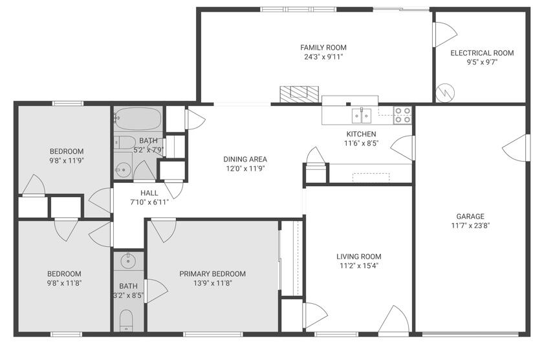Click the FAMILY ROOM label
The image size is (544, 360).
pos(323,47)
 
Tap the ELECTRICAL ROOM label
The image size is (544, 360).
pos(482,53)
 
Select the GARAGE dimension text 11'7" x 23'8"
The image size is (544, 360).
pos(470,226)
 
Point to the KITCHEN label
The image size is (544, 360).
pos(361,134)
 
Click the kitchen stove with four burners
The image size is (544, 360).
pos(403,115)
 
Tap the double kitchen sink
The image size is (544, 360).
pos(361,116)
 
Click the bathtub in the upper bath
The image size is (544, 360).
pos(138,119)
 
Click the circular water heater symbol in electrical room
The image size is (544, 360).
pos(444,93)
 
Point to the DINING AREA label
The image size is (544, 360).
pos(245,159)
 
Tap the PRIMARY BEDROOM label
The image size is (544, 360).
pos(212,273)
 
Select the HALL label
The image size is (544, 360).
pos(149,193)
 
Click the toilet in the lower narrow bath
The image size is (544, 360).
pos(127,320)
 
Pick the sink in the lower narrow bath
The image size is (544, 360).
pos(128,261)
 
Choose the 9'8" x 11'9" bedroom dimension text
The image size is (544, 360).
pos(66,160)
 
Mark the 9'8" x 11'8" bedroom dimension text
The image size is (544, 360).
pos(64,282)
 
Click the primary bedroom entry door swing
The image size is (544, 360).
pos(164,231)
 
